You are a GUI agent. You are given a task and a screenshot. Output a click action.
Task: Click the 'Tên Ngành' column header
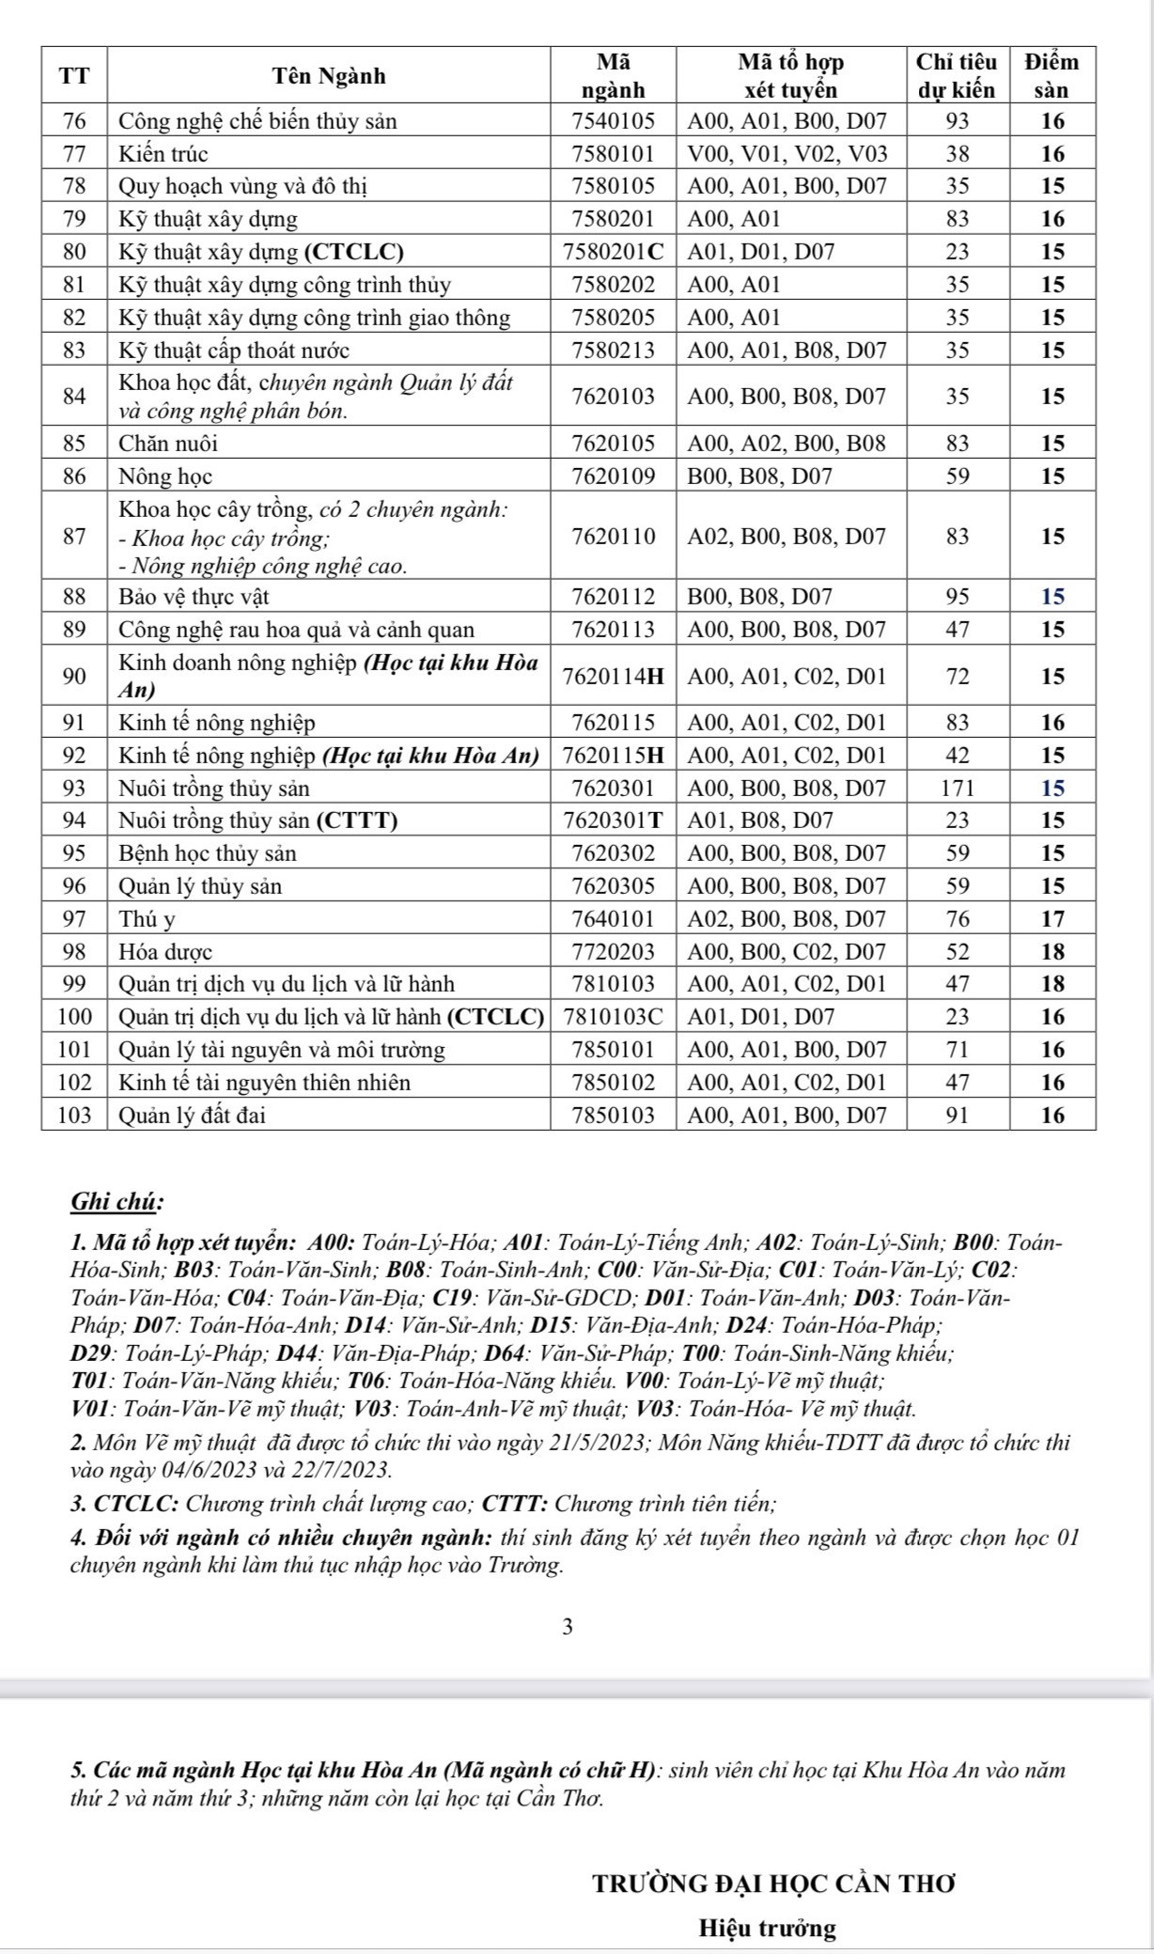[329, 76]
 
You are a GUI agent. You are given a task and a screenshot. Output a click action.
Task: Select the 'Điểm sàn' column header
[1052, 76]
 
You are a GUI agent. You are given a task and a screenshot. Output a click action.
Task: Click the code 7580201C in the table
[613, 252]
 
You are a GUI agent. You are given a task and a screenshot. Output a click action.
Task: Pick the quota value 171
[957, 788]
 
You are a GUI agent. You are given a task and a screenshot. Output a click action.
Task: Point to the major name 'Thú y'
[148, 918]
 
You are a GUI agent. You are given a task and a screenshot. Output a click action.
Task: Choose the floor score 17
[1053, 918]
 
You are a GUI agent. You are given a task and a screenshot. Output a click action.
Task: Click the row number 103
[75, 1116]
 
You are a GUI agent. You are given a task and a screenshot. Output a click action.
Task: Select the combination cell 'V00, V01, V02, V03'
[788, 153]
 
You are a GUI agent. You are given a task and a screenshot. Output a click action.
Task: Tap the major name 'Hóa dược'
[165, 951]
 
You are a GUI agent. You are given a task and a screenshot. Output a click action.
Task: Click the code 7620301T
[613, 821]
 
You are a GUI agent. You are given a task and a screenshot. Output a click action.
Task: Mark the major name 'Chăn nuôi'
[168, 443]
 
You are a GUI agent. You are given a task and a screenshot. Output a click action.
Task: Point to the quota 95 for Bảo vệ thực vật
[957, 597]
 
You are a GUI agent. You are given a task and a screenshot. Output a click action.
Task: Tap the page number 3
[566, 1627]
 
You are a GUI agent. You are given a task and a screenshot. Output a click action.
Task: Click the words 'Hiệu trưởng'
[767, 1929]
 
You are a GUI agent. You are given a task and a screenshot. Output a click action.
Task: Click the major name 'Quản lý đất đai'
[192, 1116]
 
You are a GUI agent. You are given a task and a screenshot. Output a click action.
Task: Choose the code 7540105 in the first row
[613, 121]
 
